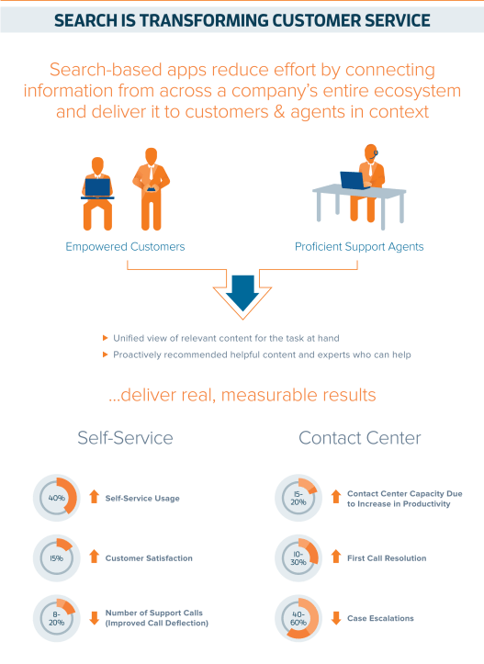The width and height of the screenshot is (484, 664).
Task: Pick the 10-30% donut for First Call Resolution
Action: pyautogui.click(x=313, y=550)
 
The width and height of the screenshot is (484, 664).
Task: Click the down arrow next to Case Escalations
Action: pyautogui.click(x=336, y=618)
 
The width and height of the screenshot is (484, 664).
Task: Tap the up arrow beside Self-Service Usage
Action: pyautogui.click(x=94, y=497)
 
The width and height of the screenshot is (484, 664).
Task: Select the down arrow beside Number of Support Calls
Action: pyautogui.click(x=94, y=618)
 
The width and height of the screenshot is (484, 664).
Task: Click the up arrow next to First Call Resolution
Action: pyautogui.click(x=336, y=556)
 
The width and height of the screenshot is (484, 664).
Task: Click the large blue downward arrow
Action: pyautogui.click(x=242, y=293)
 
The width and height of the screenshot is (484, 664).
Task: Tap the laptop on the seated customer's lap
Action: pyautogui.click(x=97, y=187)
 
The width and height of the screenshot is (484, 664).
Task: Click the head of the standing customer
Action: pyautogui.click(x=152, y=155)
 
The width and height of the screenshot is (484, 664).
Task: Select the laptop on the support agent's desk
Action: pyautogui.click(x=354, y=180)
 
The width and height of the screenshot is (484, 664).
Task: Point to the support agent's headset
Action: pyautogui.click(x=376, y=153)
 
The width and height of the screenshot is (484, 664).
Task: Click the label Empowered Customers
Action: pyautogui.click(x=125, y=246)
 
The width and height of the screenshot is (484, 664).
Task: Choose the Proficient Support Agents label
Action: pyautogui.click(x=359, y=246)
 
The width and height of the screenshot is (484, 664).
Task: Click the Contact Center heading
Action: pyautogui.click(x=359, y=438)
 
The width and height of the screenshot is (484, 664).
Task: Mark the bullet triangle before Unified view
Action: pyautogui.click(x=106, y=338)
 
